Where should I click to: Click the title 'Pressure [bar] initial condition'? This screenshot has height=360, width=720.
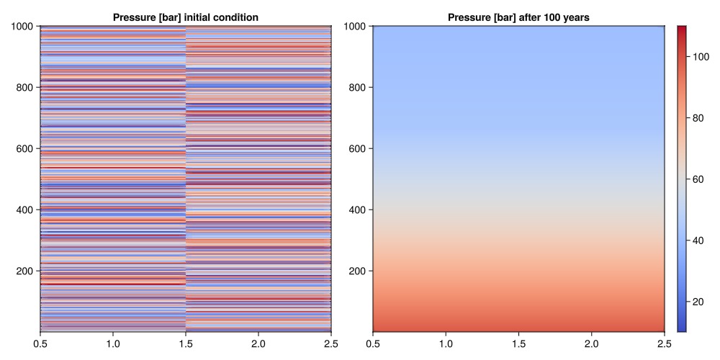pyautogui.click(x=185, y=17)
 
